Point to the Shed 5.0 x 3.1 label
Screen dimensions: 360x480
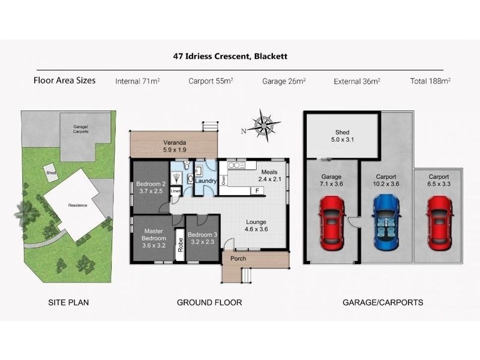point(342,137)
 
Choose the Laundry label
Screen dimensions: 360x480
point(206,181)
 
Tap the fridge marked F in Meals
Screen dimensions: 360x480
point(257,191)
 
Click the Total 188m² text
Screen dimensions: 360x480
point(430,80)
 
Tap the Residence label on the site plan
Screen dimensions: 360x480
point(77,205)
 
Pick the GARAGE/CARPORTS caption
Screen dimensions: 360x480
point(382,302)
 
